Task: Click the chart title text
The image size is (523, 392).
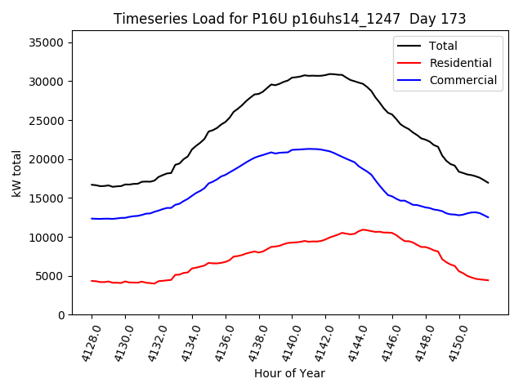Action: point(290,19)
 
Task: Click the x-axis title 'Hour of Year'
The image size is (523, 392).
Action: point(289,373)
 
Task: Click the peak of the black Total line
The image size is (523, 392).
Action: point(330,73)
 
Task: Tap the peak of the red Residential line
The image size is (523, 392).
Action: point(364,229)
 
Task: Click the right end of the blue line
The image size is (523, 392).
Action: point(489,217)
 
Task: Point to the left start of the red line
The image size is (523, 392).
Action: point(92,281)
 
